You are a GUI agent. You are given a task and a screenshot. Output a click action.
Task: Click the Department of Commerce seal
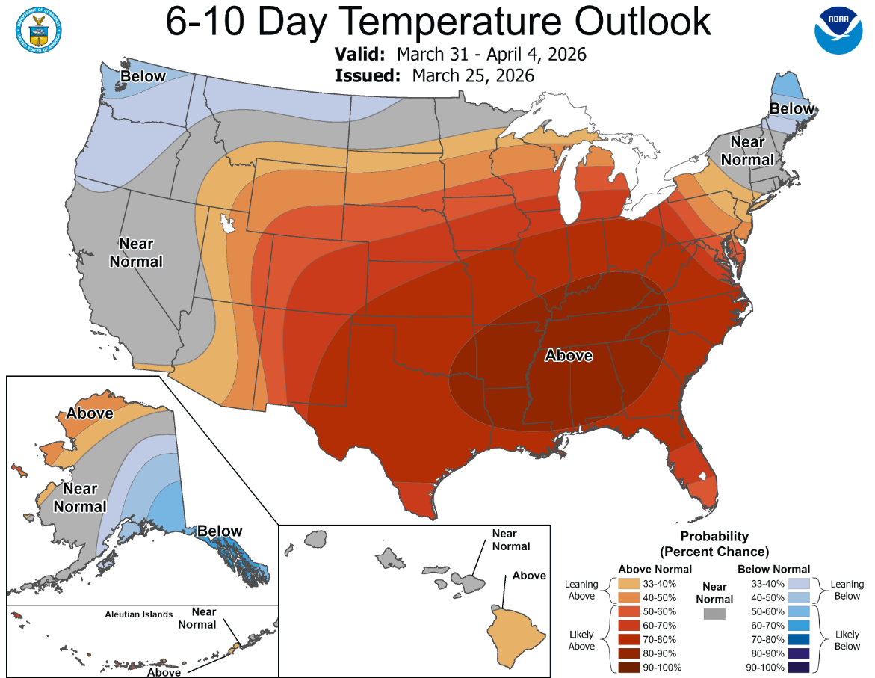coord(37,31)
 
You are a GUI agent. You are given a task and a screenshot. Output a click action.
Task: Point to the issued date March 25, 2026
coord(472,75)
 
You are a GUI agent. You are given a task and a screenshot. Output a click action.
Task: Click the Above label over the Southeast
coord(569,356)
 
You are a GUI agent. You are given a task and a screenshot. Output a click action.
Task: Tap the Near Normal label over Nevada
coord(136,253)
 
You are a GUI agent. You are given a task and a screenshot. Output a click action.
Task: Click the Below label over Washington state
coord(143,76)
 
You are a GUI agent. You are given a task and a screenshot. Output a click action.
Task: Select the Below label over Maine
coord(792,109)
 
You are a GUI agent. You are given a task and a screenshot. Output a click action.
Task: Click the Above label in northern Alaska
coord(90,413)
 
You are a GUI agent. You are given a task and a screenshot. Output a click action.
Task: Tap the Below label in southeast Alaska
coord(220,531)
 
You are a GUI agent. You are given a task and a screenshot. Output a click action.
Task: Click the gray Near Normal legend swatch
coord(714,614)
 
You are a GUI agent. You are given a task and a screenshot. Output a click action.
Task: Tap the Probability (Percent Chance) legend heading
coord(714,544)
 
